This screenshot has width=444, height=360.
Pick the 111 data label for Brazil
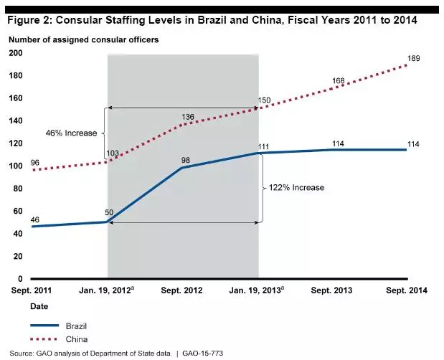point(263,146)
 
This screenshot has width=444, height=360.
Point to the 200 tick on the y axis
point(16,54)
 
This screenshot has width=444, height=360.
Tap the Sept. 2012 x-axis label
point(182,290)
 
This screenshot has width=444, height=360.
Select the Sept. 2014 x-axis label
point(407,290)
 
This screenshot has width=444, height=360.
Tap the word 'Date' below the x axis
point(20,306)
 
